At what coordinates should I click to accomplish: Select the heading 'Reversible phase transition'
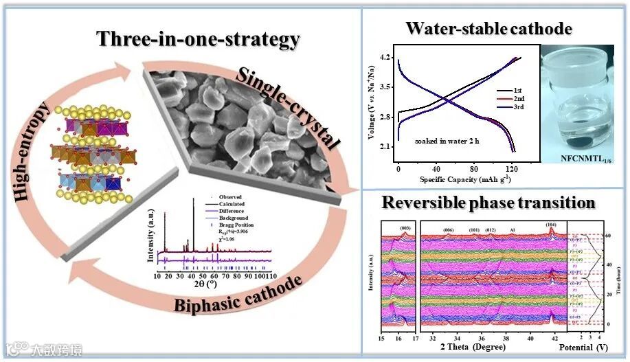click(488, 203)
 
